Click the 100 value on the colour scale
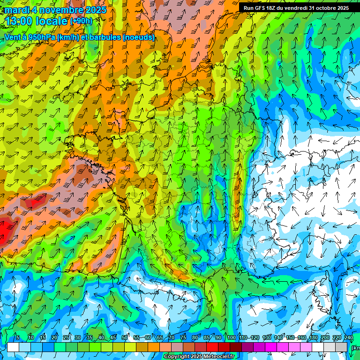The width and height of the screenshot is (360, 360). tap(231, 337)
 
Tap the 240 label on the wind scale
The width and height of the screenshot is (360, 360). tap(349, 337)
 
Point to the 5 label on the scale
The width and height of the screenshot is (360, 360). tap(17, 337)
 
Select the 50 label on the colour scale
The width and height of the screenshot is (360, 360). tap(125, 337)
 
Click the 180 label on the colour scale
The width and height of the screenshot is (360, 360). tap(313, 337)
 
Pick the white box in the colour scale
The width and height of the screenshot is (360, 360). tap(13, 347)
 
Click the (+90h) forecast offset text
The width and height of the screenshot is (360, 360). tap(81, 21)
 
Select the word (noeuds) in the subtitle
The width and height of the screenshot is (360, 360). tap(138, 37)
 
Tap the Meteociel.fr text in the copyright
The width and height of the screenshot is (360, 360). tap(219, 357)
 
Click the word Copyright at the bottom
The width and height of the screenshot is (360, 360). tap(176, 357)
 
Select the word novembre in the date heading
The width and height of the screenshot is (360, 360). tap(58, 10)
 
